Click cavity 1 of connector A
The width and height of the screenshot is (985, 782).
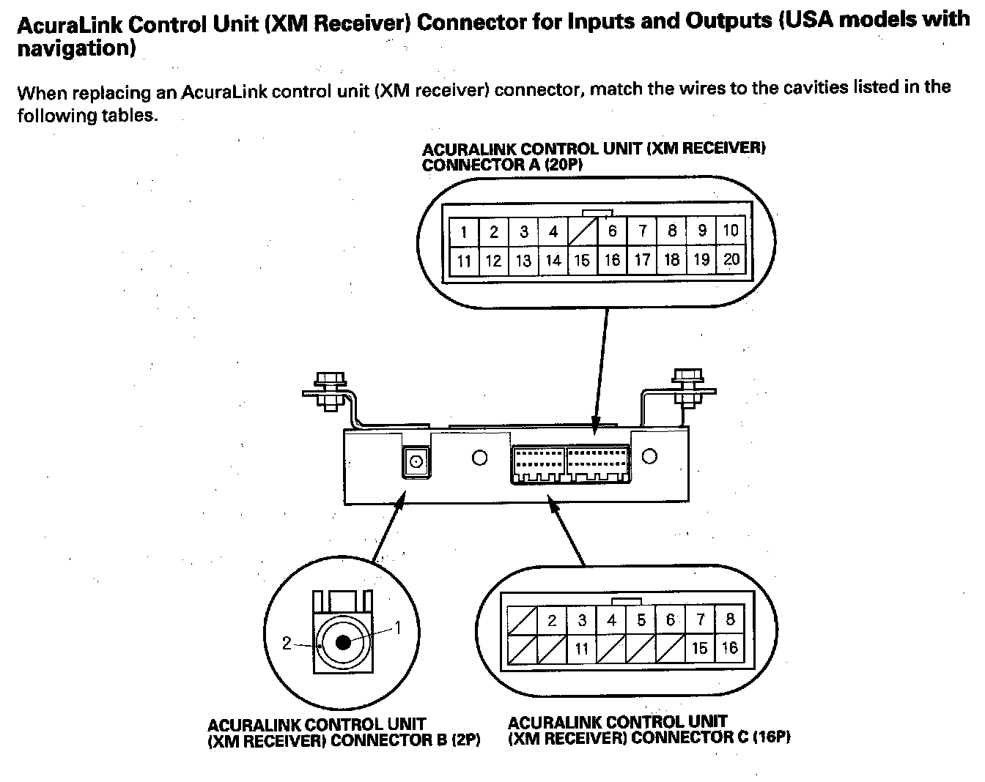464,233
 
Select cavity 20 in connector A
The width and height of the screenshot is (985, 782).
731,259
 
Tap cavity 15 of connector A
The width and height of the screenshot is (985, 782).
582,260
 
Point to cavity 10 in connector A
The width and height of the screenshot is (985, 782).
731,231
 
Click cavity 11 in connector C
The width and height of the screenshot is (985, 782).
582,648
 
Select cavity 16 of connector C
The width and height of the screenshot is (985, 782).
729,647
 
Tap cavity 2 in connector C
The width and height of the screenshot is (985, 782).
552,621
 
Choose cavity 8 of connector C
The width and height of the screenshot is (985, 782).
729,620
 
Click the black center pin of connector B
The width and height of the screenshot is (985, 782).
343,643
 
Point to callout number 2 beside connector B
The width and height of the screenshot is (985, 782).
287,644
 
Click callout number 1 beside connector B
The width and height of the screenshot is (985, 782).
398,627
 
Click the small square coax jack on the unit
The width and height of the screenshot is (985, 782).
416,463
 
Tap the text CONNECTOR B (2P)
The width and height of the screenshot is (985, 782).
405,740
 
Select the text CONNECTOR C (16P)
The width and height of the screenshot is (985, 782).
710,737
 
